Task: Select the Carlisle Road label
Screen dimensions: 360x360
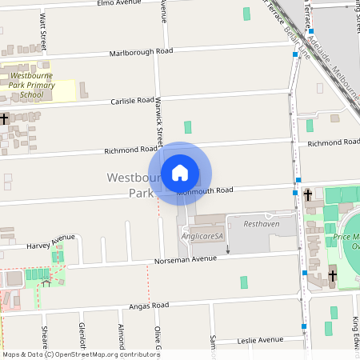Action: (134, 101)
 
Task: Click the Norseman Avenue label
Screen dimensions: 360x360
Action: (186, 260)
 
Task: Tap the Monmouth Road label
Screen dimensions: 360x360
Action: (205, 191)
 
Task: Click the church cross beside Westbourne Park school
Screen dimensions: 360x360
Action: (5, 118)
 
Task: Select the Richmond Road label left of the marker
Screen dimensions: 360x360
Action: (131, 150)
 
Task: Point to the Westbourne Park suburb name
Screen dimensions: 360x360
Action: (128, 185)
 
